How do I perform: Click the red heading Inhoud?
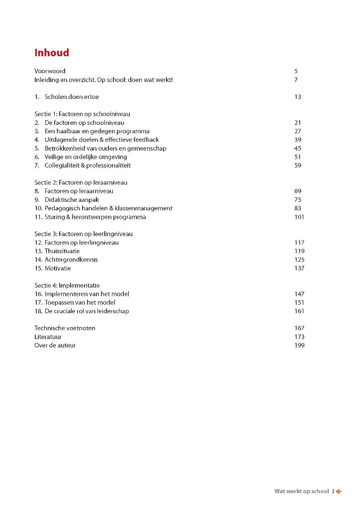point(52,53)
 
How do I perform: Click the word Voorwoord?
point(50,71)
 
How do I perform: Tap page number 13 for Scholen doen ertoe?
point(297,97)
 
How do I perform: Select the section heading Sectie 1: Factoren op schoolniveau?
point(82,114)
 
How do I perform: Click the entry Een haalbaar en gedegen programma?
point(97,131)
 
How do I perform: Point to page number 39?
point(297,140)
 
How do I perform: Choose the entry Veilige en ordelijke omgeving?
point(86,157)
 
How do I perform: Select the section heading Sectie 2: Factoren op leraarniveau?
point(81,182)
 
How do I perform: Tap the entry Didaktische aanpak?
point(72,200)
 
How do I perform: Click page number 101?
point(299,217)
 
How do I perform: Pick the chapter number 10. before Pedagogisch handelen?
point(38,208)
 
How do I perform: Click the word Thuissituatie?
point(62,251)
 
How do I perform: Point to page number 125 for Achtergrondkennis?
point(299,259)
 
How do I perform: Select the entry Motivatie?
point(58,268)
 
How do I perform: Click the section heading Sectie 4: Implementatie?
point(67,285)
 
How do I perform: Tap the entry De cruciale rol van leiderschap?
point(87,311)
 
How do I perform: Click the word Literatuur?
point(48,337)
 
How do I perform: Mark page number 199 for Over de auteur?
point(299,345)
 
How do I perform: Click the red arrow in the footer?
point(339,492)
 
